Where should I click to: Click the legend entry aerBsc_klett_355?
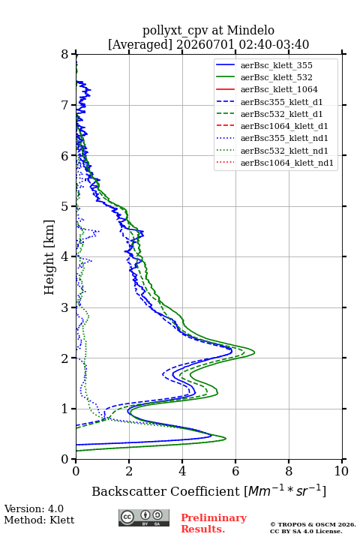(276, 65)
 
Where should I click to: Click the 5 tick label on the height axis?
(65, 206)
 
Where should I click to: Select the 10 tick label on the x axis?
(341, 471)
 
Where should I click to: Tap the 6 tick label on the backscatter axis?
(235, 471)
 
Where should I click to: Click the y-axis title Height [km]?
(49, 257)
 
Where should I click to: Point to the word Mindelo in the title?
(250, 30)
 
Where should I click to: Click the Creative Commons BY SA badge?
(144, 517)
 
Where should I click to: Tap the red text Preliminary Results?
(214, 523)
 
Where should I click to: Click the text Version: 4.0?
(34, 508)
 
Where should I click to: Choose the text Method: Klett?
(39, 520)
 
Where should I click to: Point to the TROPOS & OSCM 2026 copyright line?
(313, 524)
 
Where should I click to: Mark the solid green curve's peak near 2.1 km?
(254, 352)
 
